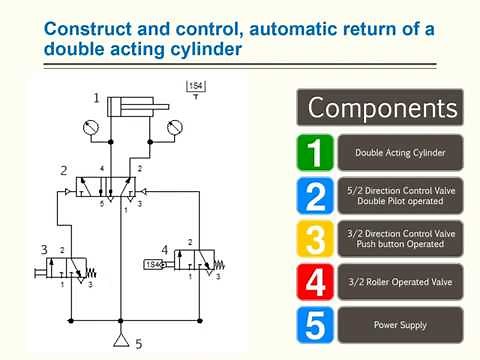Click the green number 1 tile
[x=316, y=153]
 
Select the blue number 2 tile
[x=316, y=195]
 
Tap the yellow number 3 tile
[x=316, y=239]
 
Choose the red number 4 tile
[x=316, y=283]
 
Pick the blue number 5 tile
[x=316, y=325]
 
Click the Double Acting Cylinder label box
[x=400, y=153]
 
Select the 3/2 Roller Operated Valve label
[x=400, y=283]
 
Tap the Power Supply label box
[x=400, y=325]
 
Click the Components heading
[x=380, y=107]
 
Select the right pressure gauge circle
[x=178, y=128]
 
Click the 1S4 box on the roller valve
[x=153, y=264]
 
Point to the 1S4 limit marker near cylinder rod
[x=196, y=91]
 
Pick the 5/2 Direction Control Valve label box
[x=400, y=195]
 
